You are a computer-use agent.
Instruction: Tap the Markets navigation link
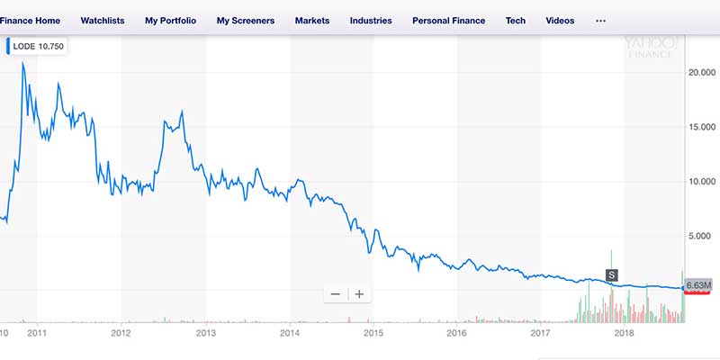click(311, 20)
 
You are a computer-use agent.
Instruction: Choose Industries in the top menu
click(371, 20)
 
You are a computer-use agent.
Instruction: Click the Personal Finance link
click(448, 20)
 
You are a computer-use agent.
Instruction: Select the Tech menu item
click(516, 20)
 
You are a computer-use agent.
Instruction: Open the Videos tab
click(560, 20)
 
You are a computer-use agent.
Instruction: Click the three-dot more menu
click(601, 20)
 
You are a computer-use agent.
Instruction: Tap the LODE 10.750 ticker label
click(39, 46)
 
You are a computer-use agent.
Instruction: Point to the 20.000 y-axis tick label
click(700, 74)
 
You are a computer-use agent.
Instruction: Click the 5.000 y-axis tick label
click(700, 236)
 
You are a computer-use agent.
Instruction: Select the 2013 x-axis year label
click(206, 332)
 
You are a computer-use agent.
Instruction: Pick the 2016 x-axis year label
click(457, 332)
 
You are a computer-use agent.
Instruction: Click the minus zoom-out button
click(336, 293)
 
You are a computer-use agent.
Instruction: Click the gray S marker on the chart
click(612, 274)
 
